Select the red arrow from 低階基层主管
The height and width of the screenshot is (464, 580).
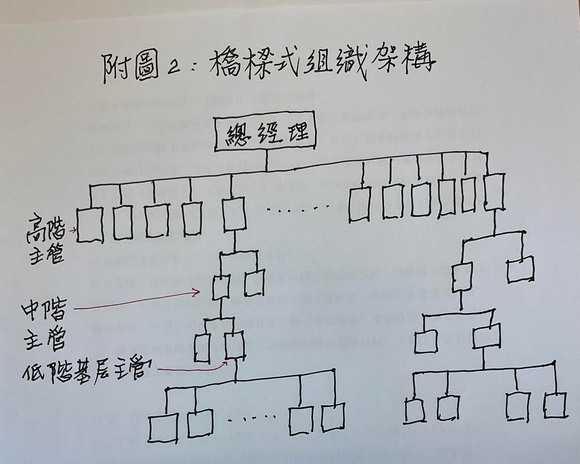tap(192, 368)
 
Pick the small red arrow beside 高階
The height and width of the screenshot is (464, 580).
tap(73, 230)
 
